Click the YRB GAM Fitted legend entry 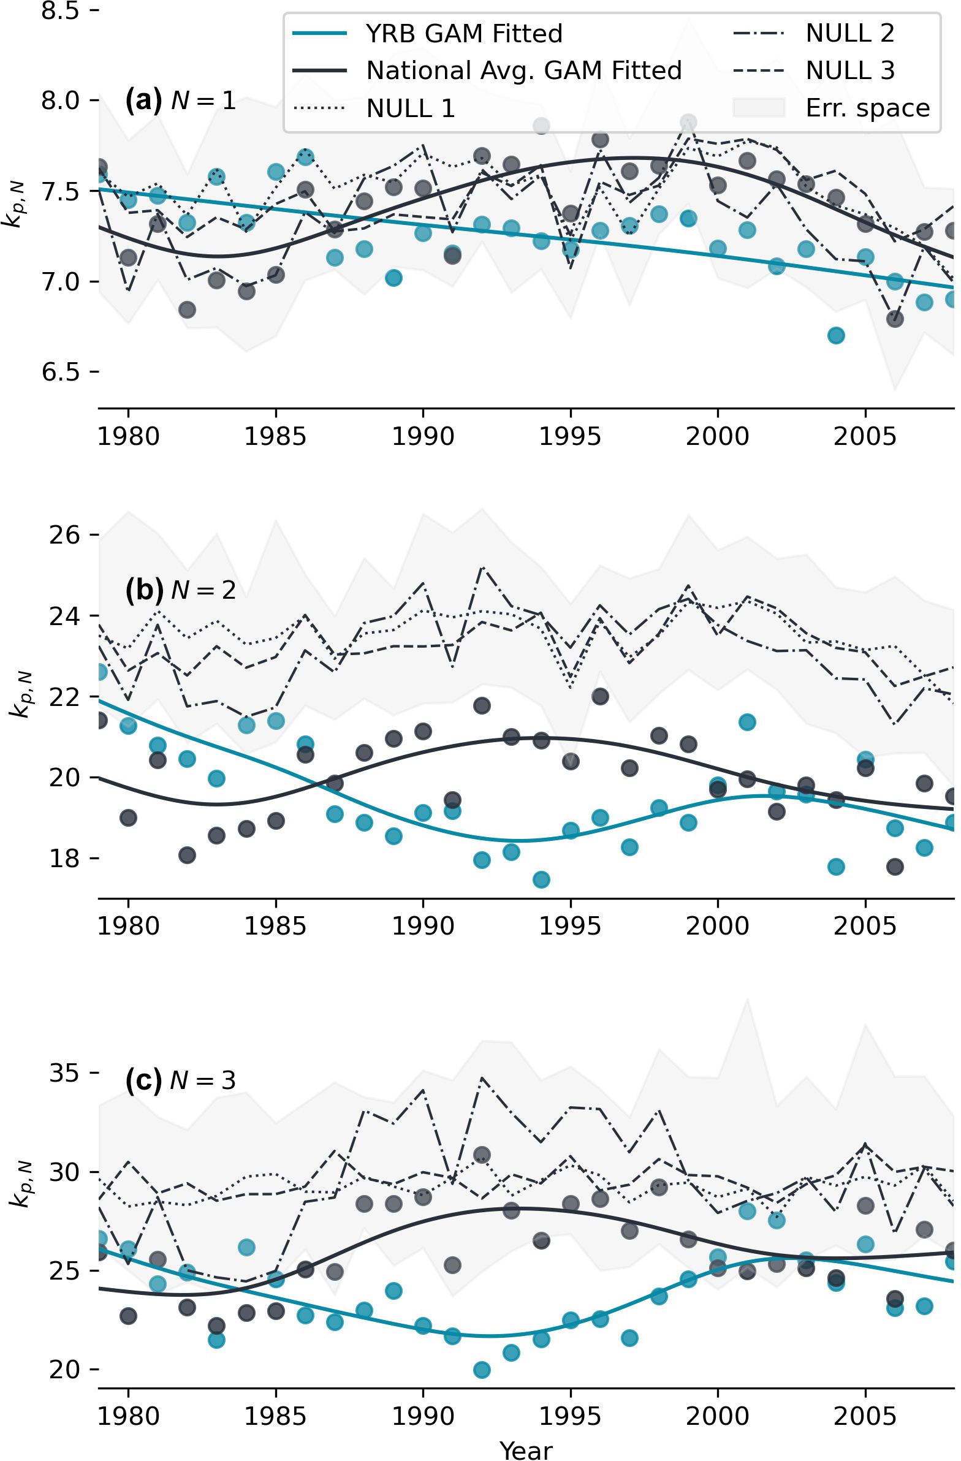coord(463,34)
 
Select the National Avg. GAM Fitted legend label coord(523,70)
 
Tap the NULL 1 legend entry coord(410,108)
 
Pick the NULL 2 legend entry coord(849,34)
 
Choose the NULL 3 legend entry coord(849,70)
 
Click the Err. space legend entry coord(867,108)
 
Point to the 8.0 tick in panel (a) coord(61,100)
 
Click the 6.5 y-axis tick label coord(61,372)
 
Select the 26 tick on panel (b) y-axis coord(64,535)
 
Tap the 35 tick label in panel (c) coord(64,1073)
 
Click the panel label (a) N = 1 coord(181,99)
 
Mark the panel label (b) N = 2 coord(181,590)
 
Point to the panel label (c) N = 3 coord(181,1080)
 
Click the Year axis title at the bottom coord(526,1450)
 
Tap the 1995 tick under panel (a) coord(571,436)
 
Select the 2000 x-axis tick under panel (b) coord(717,927)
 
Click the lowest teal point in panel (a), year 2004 coord(836,336)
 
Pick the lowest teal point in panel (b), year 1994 coord(541,879)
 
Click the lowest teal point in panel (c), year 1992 coord(482,1370)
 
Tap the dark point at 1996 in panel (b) coord(600,696)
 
